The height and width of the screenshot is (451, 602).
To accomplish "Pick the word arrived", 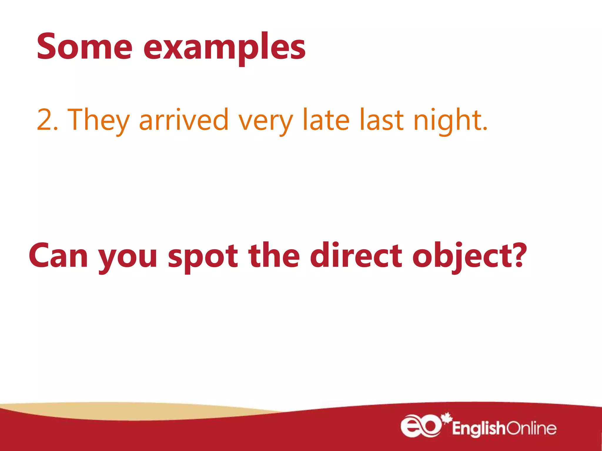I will pos(184,120).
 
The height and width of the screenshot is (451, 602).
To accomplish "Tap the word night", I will pos(446,120).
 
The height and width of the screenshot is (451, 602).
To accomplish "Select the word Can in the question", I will pos(58,255).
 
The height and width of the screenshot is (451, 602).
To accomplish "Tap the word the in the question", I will pos(274,255).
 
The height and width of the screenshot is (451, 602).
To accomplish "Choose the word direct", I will pos(356,255).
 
